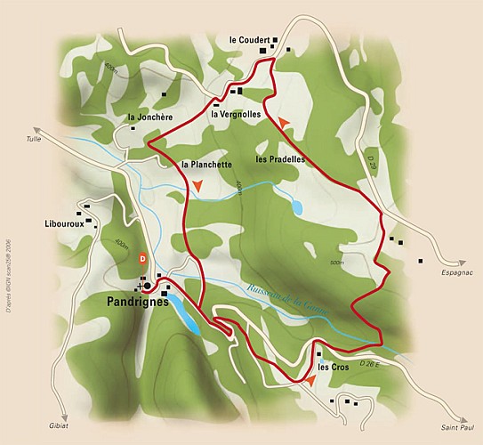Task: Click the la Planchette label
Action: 206,165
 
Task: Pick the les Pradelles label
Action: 280,160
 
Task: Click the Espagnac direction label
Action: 456,274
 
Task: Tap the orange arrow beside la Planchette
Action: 198,186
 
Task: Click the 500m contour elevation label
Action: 335,263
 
